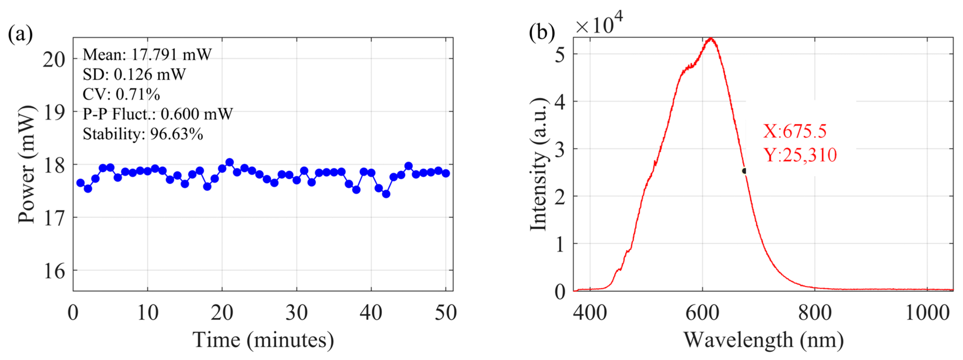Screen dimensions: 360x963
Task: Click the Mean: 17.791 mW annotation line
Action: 147,55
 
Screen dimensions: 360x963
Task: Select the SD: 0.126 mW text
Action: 134,75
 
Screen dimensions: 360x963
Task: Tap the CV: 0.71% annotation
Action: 121,95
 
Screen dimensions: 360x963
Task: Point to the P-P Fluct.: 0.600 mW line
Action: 157,114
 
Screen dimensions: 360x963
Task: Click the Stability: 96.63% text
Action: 143,134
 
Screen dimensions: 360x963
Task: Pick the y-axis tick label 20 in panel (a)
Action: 54,59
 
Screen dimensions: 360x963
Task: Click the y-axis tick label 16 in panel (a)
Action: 54,271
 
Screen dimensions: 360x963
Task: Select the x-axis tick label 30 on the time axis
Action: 296,312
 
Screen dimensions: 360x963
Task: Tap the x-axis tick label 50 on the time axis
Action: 445,312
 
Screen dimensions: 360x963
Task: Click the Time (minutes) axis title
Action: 263,340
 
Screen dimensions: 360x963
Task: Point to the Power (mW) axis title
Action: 27,165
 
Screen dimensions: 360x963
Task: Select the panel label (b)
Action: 542,32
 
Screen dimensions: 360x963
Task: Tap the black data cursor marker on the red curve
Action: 744,171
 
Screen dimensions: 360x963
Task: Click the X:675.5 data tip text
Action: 794,131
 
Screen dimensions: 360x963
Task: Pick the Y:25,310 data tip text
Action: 800,155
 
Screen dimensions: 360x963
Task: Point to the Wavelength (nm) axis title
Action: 763,340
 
